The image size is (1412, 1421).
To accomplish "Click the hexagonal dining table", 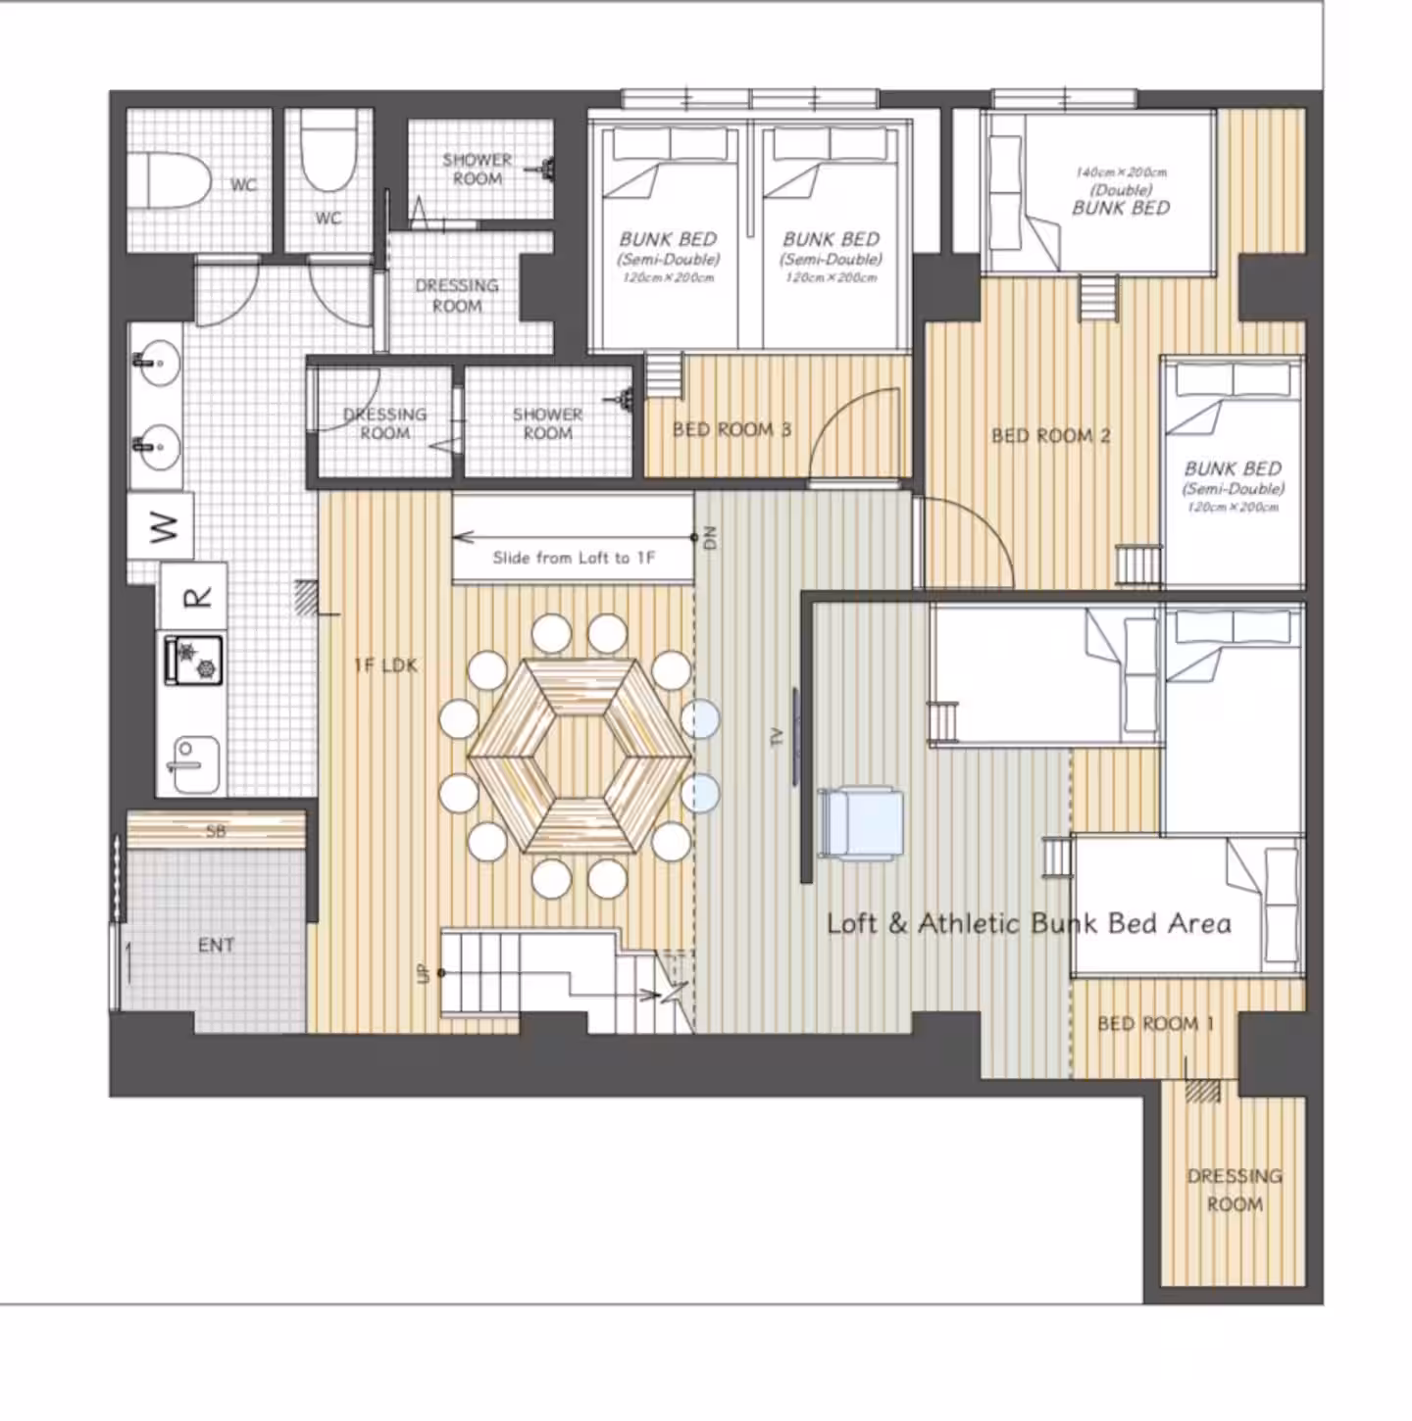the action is point(580,756).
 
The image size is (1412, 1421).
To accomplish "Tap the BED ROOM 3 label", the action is point(731,429).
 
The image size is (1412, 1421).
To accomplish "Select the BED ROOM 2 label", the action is point(1050,436).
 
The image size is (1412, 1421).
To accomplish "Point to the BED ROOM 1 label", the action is point(1155,1023).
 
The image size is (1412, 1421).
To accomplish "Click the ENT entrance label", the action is point(216,946).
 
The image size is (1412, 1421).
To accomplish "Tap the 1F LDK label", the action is point(385,665).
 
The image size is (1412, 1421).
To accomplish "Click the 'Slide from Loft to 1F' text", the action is point(574,558).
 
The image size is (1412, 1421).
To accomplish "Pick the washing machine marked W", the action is point(161,527).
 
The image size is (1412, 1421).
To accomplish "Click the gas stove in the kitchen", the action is point(193,660).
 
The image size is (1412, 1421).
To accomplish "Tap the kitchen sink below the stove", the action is point(193,764).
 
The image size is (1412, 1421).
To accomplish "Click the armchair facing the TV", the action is point(860,823).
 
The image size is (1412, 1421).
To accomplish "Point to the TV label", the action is point(776,737).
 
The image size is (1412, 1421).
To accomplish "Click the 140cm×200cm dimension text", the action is point(1121,172).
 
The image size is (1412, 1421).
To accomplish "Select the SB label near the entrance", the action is point(216,831).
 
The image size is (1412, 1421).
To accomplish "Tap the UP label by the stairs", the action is point(423,974).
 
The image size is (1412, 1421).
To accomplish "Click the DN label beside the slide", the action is point(710,538).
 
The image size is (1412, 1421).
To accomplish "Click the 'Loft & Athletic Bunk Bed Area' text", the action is point(1029,923).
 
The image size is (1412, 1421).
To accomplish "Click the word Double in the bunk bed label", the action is point(1121,190).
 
